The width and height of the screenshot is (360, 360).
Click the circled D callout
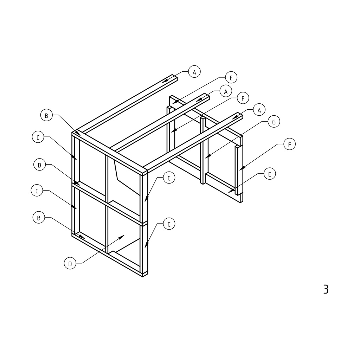pyautogui.click(x=70, y=263)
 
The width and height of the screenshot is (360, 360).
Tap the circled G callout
pyautogui.click(x=274, y=122)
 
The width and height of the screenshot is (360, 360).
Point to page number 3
pyautogui.click(x=326, y=289)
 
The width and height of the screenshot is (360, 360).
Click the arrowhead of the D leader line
pyautogui.click(x=122, y=237)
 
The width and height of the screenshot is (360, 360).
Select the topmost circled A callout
pyautogui.click(x=194, y=72)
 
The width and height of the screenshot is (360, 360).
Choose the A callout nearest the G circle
pyautogui.click(x=259, y=110)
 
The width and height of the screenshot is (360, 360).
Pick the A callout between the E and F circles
pyautogui.click(x=226, y=91)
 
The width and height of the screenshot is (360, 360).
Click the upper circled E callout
pyautogui.click(x=231, y=77)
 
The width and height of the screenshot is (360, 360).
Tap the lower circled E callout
pyautogui.click(x=270, y=174)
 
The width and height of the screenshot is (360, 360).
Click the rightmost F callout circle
pyautogui.click(x=290, y=144)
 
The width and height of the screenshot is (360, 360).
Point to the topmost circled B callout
pyautogui.click(x=47, y=115)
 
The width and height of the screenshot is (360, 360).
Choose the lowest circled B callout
pyautogui.click(x=39, y=217)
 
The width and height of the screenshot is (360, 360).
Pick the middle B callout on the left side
pyautogui.click(x=40, y=165)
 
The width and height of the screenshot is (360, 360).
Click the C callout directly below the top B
pyautogui.click(x=38, y=137)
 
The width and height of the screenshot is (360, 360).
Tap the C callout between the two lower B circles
pyautogui.click(x=37, y=190)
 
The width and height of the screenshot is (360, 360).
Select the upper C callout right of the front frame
pyautogui.click(x=169, y=178)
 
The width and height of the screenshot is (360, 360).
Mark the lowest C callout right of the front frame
pyautogui.click(x=169, y=224)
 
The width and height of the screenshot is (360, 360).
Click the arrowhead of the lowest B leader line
pyautogui.click(x=82, y=237)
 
